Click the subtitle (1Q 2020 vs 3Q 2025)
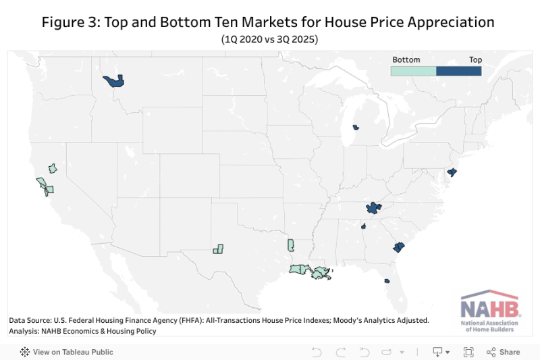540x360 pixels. point(269,39)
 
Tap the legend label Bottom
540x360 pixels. point(406,59)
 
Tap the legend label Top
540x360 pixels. point(475,59)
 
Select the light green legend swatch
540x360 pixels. point(414,70)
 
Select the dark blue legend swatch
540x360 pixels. point(459,70)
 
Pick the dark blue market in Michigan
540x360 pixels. point(355,126)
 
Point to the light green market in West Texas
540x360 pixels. point(218,249)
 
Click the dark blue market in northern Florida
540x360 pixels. point(387,281)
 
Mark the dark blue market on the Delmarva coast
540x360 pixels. point(452,173)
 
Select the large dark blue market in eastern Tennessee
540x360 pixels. point(373,209)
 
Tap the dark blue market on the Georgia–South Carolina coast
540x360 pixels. point(398,247)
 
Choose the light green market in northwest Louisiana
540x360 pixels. point(291,245)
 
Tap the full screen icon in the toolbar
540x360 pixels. point(468,352)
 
